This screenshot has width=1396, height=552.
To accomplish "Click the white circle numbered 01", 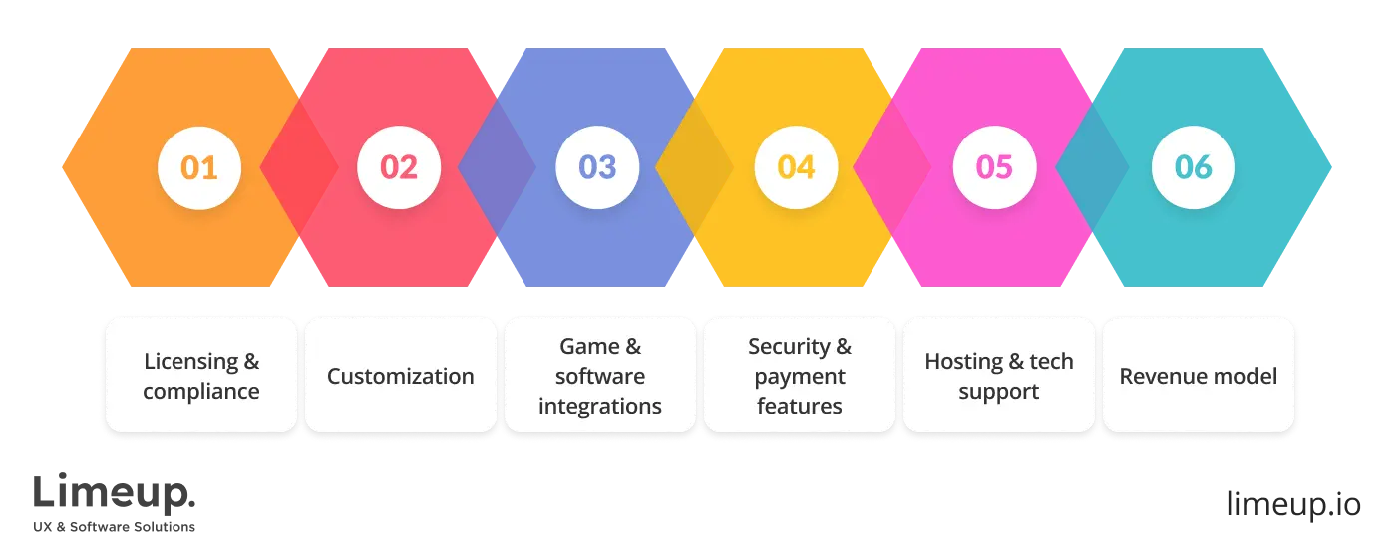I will coord(199,167).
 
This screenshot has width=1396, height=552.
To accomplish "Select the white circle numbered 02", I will coord(399,167).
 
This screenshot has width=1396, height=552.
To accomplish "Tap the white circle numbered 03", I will coord(597,167).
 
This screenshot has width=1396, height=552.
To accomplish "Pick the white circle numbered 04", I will coord(796,167).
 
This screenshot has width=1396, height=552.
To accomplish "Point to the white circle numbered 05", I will coord(994,167).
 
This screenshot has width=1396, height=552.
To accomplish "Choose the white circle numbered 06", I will coord(1193,167).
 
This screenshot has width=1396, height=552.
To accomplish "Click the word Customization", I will coord(401,376).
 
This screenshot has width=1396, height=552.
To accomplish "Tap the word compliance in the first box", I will coord(201,391).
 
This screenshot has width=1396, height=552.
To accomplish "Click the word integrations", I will coord(600,406).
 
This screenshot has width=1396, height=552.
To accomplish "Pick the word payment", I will coord(800,376).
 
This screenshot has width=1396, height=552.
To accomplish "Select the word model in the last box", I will coord(1249,376).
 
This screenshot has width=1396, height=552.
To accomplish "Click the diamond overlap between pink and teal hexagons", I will coord(1093,167).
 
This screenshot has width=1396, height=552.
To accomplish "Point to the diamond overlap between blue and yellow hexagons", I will coord(695,167).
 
